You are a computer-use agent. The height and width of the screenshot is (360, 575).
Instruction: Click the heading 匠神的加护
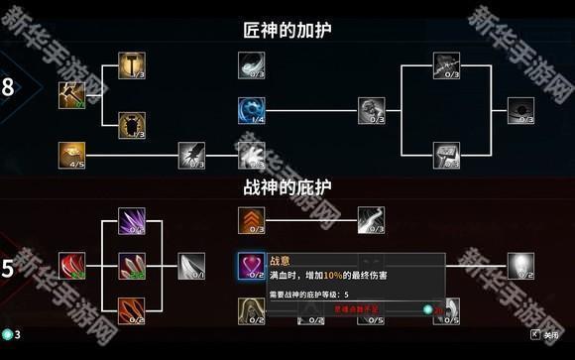click(x=287, y=31)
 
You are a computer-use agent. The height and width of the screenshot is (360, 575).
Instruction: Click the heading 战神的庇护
click(x=287, y=186)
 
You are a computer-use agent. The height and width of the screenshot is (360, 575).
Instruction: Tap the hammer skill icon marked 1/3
click(x=131, y=65)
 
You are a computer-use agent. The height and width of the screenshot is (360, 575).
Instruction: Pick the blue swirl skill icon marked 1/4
click(x=250, y=109)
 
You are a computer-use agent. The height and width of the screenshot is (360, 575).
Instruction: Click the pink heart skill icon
click(x=250, y=265)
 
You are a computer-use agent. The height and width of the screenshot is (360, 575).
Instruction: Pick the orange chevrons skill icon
click(x=250, y=221)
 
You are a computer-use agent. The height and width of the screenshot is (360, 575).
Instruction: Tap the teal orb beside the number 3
click(x=7, y=334)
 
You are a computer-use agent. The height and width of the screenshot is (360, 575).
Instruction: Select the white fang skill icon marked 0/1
click(x=190, y=265)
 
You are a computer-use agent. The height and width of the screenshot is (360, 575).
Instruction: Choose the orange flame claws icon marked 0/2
click(x=131, y=309)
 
